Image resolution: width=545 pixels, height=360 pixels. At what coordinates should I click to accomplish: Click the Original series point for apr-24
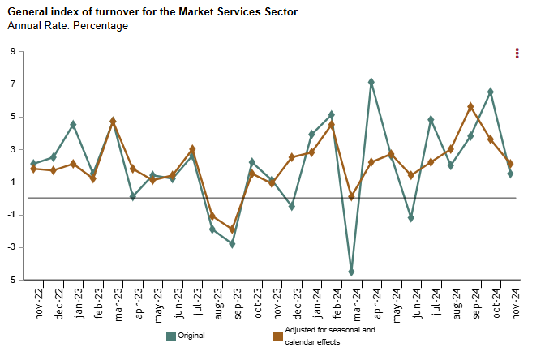click(371, 82)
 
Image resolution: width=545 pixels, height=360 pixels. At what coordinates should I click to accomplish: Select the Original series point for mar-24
click(351, 272)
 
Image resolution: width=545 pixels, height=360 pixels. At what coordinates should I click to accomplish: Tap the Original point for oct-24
click(490, 92)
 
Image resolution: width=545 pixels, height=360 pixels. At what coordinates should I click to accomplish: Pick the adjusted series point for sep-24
click(470, 106)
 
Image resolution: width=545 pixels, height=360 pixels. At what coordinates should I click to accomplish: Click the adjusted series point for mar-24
click(351, 196)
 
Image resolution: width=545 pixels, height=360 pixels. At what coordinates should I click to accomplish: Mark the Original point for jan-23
click(73, 124)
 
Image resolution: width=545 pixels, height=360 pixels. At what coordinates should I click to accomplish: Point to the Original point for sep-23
click(232, 243)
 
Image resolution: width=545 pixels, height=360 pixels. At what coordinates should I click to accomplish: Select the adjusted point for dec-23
click(291, 157)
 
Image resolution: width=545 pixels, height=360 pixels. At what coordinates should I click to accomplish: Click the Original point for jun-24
click(410, 218)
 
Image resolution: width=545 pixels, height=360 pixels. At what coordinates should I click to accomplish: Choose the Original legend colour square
click(171, 336)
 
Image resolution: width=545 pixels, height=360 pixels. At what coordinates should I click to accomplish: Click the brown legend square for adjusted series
click(277, 336)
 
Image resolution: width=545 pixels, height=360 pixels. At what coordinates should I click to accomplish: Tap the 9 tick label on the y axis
click(13, 51)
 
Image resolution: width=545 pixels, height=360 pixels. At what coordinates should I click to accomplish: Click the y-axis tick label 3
click(13, 149)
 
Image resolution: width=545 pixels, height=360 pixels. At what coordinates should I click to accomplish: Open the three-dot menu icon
click(517, 54)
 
